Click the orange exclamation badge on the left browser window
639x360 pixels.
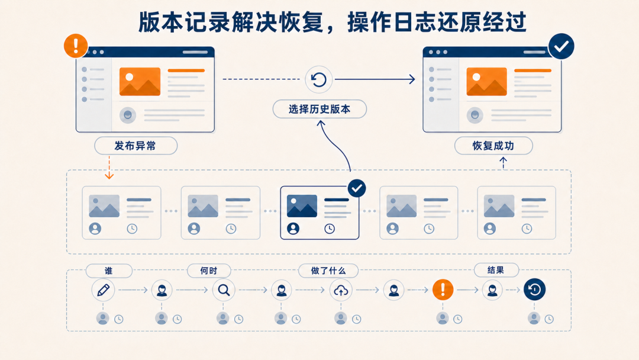76,46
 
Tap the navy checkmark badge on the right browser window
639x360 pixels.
561,46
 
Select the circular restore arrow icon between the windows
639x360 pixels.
319,79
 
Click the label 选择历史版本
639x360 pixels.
319,110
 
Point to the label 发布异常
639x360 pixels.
135,146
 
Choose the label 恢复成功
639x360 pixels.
493,146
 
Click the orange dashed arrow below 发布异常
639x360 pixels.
109,167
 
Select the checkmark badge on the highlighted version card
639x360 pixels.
357,188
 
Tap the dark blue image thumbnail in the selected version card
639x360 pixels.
302,206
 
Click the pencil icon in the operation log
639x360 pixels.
103,290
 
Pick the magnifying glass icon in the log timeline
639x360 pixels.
224,290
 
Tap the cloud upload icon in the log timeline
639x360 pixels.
341,290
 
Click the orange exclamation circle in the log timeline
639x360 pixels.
443,290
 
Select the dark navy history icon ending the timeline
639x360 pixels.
534,290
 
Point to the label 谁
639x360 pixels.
108,271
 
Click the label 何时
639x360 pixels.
209,271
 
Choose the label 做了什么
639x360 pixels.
328,271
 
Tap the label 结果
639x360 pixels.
496,270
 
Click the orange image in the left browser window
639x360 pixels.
140,82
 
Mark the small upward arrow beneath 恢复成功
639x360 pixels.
504,163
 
